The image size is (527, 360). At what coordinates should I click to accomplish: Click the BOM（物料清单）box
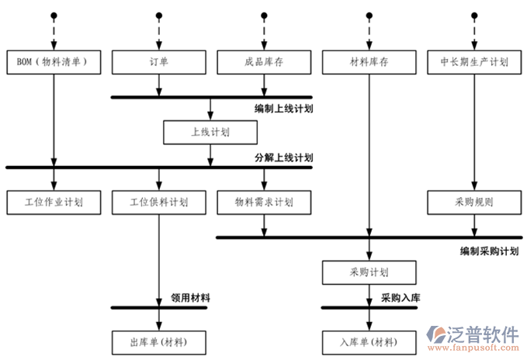54,62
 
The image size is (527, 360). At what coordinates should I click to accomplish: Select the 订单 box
159,62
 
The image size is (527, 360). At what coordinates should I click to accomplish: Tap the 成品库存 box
264,62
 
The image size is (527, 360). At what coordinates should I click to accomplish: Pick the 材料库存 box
369,62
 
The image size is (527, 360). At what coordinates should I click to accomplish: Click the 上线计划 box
210,132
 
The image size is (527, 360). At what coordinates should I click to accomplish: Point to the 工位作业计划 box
54,202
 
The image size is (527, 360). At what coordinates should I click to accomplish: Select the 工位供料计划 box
159,202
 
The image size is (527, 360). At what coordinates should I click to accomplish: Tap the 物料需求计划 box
264,202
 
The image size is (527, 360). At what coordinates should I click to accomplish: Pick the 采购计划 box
369,272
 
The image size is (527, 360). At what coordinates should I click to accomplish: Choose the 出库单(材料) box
159,341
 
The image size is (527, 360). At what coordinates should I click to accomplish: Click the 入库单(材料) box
369,341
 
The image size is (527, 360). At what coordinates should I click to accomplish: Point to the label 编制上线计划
283,109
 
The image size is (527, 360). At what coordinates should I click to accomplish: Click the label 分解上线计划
283,157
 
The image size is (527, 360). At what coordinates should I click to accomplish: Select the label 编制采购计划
489,251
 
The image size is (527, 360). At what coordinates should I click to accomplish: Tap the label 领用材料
189,298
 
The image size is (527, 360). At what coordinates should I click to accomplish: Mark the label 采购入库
400,298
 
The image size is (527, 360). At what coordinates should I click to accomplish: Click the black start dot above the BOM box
54,16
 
